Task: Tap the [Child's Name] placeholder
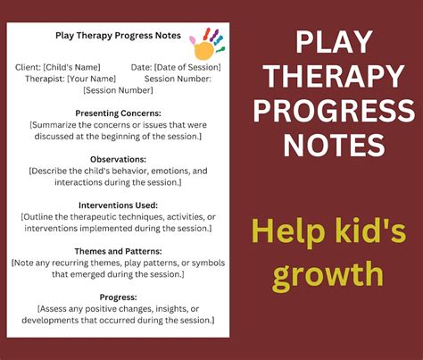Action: (x=72, y=66)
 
